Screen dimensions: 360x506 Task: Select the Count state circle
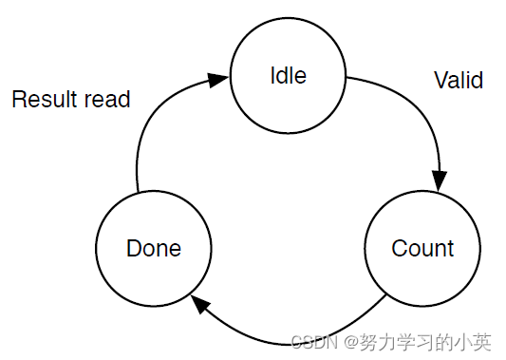422,249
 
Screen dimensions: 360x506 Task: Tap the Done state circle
154,249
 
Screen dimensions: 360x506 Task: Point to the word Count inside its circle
422,249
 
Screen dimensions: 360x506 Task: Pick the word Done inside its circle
154,249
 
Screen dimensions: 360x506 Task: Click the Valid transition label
459,81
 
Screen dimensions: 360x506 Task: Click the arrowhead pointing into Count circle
439,180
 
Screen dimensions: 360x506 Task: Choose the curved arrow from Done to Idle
152,123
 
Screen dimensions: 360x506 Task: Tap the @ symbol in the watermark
350,341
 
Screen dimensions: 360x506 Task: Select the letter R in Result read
18,99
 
